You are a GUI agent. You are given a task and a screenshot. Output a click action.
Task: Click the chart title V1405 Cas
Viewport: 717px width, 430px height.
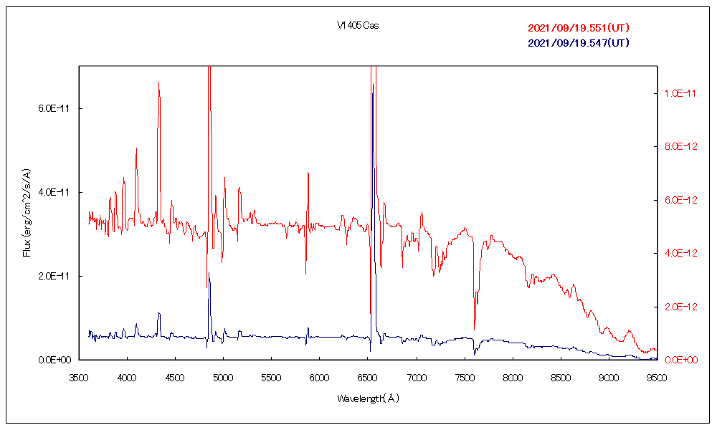(x=358, y=26)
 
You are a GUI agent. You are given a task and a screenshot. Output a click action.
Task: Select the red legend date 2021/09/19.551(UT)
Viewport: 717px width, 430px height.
(x=579, y=29)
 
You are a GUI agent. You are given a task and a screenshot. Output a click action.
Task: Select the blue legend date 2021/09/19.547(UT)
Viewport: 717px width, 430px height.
(x=579, y=43)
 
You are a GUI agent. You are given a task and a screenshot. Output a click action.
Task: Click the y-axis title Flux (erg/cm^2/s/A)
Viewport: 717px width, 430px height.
(x=27, y=212)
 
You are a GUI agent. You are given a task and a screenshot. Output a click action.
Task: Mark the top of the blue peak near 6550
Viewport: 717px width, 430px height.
(x=372, y=85)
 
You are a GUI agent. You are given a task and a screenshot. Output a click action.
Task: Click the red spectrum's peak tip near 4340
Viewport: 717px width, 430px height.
(x=158, y=82)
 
